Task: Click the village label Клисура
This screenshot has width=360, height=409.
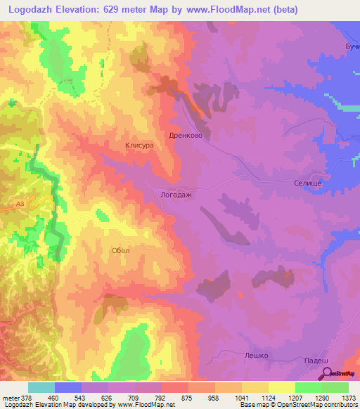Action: pyautogui.click(x=139, y=145)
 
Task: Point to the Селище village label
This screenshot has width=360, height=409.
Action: pyautogui.click(x=307, y=183)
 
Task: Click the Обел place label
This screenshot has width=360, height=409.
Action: pyautogui.click(x=120, y=249)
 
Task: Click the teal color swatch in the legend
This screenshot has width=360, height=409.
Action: pyautogui.click(x=41, y=387)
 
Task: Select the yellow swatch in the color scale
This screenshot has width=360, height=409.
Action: pyautogui.click(x=281, y=387)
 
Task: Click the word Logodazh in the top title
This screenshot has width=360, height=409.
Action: pyautogui.click(x=35, y=10)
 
